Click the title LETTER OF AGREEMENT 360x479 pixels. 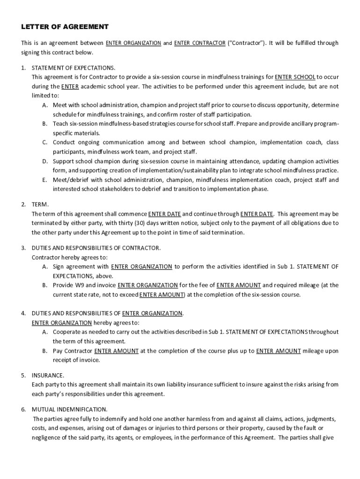(65, 27)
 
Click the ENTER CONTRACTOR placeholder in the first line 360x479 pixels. (200, 43)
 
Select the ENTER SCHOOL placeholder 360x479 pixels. (295, 77)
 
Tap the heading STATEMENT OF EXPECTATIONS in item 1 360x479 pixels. (73, 68)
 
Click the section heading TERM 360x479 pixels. (40, 204)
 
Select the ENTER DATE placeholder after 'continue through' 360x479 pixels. (257, 214)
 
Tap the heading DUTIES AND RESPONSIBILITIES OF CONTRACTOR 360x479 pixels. (96, 247)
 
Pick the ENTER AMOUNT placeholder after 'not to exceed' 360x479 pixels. (162, 295)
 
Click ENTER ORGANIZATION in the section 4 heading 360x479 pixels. (152, 313)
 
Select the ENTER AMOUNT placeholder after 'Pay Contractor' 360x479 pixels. (116, 351)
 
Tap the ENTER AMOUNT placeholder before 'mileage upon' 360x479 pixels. (278, 351)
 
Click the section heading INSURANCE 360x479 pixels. (48, 375)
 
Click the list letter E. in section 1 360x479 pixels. (44, 180)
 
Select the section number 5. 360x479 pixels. (23, 375)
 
